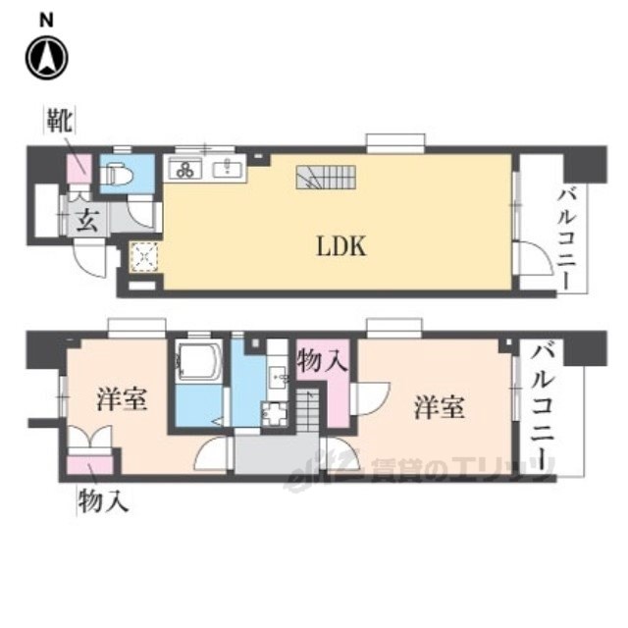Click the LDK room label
(x=340, y=246)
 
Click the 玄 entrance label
(x=86, y=217)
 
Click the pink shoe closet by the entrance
(x=78, y=169)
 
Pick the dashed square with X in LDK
(x=145, y=257)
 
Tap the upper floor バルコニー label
(x=568, y=236)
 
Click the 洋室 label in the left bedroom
(x=123, y=401)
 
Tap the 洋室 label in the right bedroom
(x=437, y=406)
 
